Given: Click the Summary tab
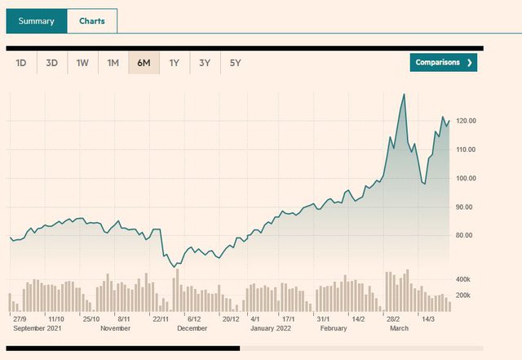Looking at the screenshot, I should (36, 21).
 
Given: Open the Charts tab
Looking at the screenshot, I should (91, 21).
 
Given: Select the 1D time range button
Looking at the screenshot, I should (21, 63).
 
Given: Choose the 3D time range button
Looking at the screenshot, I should (51, 63).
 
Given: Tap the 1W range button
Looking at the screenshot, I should (82, 63).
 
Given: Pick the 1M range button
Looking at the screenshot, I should (113, 63).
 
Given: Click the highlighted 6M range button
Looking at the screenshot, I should (144, 63).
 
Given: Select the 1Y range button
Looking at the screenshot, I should (174, 63).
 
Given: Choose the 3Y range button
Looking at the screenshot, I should (205, 63).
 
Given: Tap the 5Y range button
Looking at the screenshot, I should (235, 63).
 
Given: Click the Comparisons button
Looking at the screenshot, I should (443, 63).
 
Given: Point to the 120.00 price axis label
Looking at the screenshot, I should (467, 121).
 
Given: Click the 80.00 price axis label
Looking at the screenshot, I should (465, 235).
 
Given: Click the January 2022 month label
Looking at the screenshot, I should (271, 328).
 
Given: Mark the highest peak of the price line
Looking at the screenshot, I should (404, 95).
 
